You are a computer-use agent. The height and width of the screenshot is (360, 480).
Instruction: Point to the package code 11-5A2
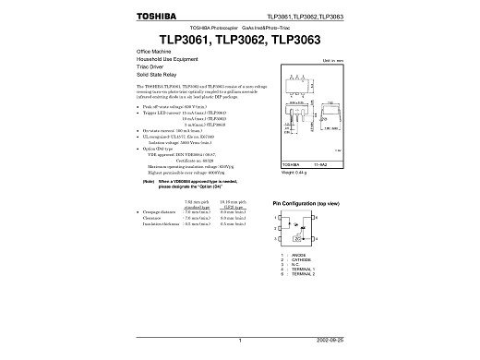(324, 163)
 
